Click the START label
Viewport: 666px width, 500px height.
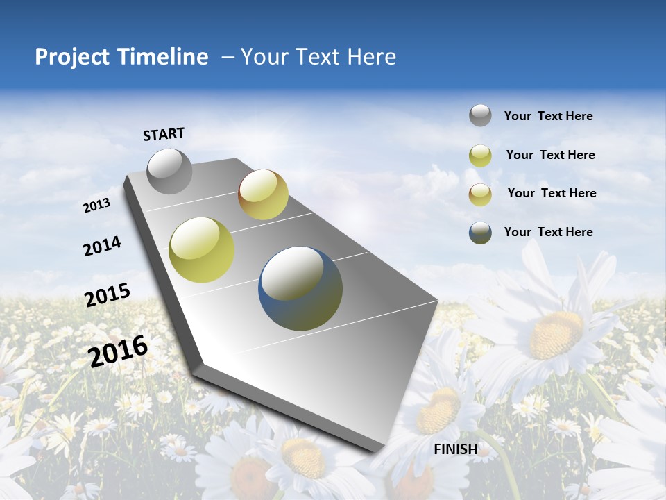click(164, 134)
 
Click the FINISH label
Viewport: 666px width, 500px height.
click(455, 449)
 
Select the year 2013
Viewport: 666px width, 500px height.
click(96, 206)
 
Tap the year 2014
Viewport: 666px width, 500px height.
click(102, 247)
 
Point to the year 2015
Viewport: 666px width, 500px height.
click(107, 295)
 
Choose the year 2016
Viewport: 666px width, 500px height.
click(118, 351)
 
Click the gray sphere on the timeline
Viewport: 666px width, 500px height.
click(169, 171)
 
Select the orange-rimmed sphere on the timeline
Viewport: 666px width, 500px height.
click(263, 194)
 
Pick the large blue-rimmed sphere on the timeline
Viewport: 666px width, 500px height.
click(300, 288)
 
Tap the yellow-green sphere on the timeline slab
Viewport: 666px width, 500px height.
click(202, 250)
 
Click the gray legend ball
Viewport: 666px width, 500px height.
click(480, 116)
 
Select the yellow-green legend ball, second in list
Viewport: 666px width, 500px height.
click(480, 156)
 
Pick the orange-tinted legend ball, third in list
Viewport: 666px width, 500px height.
click(480, 194)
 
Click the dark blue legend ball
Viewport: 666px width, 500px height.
click(480, 233)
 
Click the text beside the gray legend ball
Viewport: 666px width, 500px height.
click(548, 117)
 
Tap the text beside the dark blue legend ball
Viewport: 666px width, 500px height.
click(548, 232)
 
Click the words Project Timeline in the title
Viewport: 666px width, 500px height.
click(121, 57)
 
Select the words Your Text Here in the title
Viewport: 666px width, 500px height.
click(318, 57)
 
